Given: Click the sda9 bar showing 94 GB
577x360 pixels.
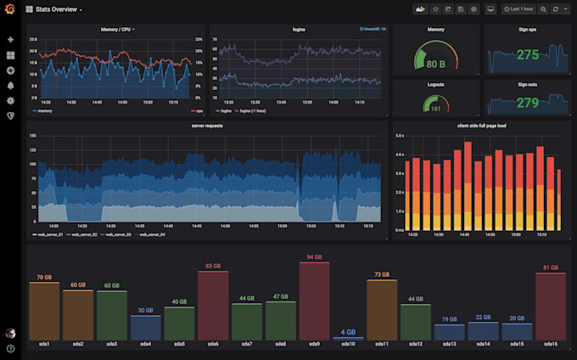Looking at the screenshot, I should tap(314, 301).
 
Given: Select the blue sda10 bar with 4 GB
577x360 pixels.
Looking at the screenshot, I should tap(348, 339).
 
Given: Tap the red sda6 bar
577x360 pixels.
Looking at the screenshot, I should tap(213, 307).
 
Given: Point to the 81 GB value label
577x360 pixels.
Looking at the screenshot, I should tap(550, 267).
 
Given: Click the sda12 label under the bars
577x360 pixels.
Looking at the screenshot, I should tap(415, 345).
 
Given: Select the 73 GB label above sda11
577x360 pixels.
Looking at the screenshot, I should tap(381, 274).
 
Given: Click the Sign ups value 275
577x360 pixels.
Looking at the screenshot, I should tap(527, 55).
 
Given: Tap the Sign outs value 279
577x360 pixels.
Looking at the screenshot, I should tap(527, 103).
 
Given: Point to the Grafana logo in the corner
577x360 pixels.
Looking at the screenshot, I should tap(10, 9).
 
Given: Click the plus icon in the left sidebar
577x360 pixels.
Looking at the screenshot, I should tap(10, 40).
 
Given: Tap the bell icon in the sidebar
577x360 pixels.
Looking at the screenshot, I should tap(10, 86).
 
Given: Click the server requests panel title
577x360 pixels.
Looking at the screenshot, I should tap(207, 126).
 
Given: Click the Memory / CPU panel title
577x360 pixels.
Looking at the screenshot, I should tap(116, 29).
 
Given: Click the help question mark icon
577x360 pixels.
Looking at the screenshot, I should tap(10, 348).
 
